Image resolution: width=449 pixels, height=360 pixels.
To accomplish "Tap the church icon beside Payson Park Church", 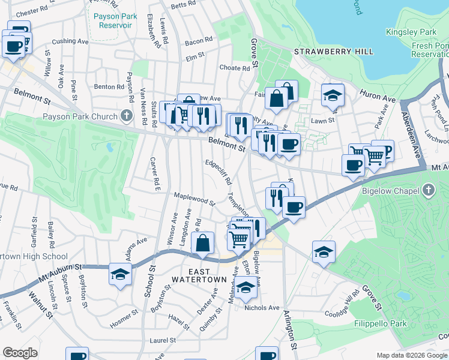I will tap(126, 115).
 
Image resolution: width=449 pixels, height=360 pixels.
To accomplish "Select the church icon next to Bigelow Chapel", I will tap(427, 191).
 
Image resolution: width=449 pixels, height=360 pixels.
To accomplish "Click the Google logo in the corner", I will tap(20, 353).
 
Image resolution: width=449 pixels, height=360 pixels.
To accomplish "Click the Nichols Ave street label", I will tap(262, 308).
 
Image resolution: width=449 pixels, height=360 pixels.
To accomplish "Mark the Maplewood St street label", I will tap(194, 199).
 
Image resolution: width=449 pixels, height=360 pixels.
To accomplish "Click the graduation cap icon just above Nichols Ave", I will tap(245, 287).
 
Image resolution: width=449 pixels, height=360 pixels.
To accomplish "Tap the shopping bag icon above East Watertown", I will tap(203, 243).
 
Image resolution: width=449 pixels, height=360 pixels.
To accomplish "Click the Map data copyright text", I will tap(412, 355).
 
